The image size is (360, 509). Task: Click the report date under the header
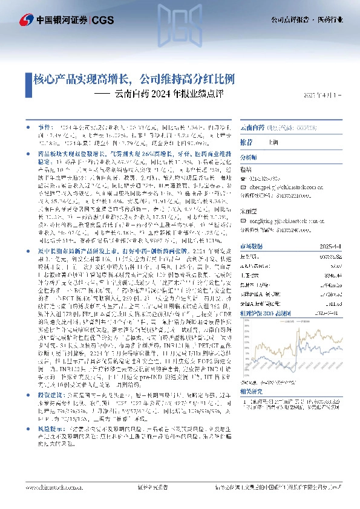point(322,95)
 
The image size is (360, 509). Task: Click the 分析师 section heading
point(249,157)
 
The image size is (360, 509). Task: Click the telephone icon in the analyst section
point(243,179)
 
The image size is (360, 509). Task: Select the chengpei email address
point(279,187)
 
